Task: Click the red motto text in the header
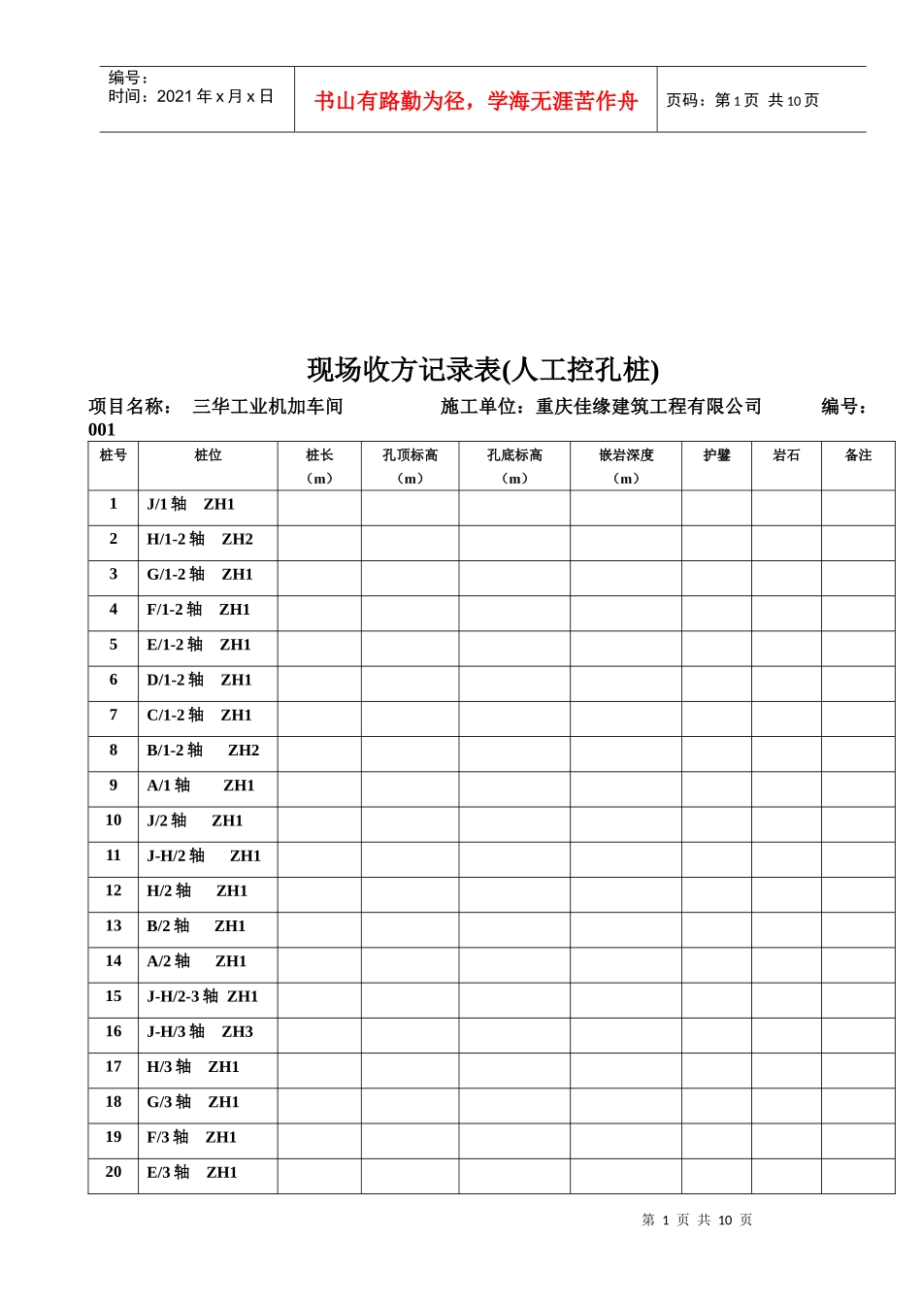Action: (476, 101)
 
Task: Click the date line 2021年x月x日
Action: (191, 96)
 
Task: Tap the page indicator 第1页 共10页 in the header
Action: (742, 100)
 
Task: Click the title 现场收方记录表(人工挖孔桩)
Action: (483, 370)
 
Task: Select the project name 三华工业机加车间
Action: (268, 407)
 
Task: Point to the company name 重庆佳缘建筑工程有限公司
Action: (648, 407)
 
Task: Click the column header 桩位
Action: (208, 455)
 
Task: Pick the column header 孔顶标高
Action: (410, 455)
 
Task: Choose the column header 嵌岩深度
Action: (626, 455)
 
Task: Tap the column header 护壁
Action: (716, 455)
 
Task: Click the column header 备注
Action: (858, 455)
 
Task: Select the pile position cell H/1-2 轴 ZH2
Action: (200, 540)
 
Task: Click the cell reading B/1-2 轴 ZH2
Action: (203, 751)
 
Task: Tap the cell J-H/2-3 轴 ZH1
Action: (202, 997)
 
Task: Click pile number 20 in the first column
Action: (114, 1173)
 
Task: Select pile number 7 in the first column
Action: (114, 716)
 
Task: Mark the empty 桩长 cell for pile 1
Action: (319, 508)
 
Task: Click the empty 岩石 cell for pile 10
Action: (786, 824)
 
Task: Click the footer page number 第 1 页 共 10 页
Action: (697, 1221)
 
